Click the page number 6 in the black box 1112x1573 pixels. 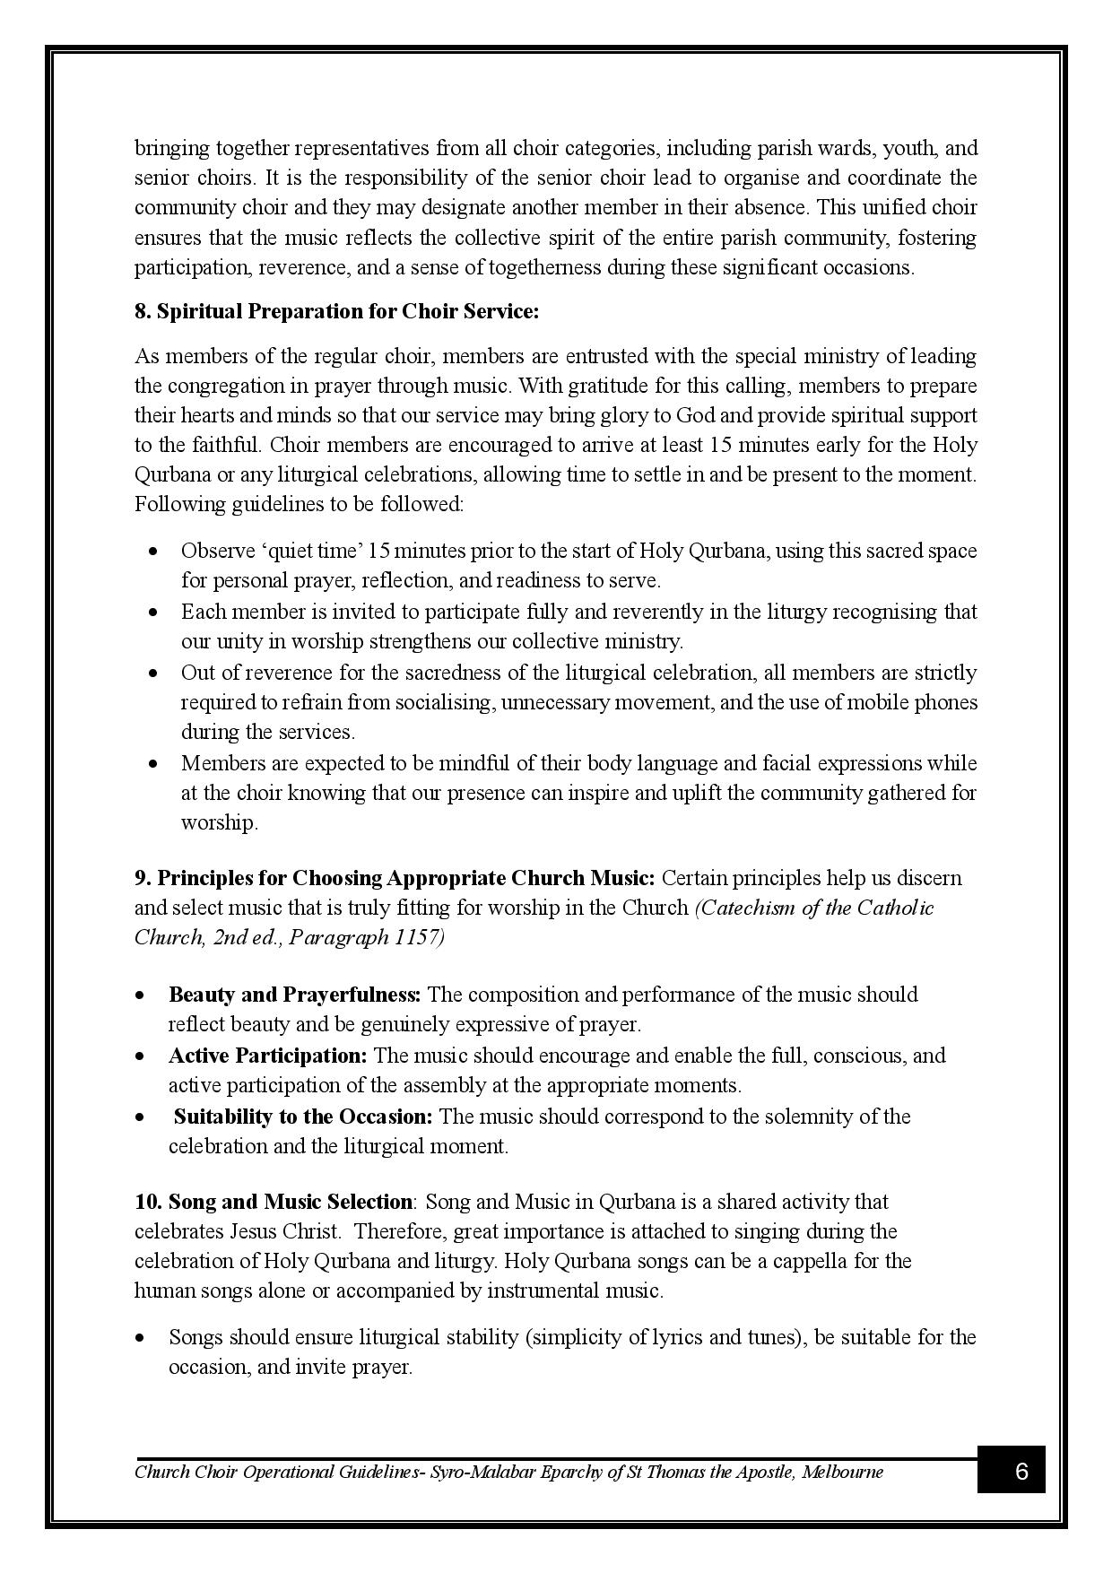tap(1021, 1472)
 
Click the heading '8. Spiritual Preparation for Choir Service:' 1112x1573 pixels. tap(336, 311)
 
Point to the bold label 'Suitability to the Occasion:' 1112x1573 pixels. tap(303, 1116)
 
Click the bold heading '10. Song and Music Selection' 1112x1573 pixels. tap(274, 1201)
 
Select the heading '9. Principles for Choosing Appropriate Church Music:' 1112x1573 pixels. tap(395, 877)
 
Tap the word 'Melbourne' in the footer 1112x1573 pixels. tap(843, 1472)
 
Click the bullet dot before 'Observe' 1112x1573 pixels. tap(154, 551)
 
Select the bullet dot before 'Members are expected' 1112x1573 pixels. tap(154, 764)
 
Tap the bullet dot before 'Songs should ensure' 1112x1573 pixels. tap(141, 1338)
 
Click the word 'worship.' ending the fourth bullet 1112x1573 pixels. tap(219, 822)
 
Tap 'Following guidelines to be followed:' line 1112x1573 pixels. tap(299, 503)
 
